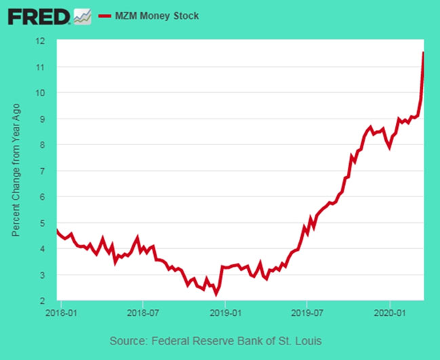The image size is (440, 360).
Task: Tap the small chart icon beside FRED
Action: (82, 16)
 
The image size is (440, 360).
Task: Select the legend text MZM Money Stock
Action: (157, 15)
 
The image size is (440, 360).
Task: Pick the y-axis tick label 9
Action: (43, 119)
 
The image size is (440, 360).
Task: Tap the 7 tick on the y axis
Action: (43, 171)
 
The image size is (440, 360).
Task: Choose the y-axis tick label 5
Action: (43, 223)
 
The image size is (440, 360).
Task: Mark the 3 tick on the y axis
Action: (43, 275)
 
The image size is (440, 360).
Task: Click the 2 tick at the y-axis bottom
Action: (43, 301)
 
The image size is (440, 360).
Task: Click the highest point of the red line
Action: (424, 52)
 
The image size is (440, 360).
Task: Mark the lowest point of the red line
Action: (216, 294)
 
